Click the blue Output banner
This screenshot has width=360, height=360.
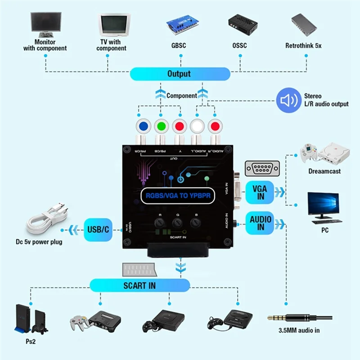(180, 74)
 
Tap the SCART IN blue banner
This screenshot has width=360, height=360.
(139, 285)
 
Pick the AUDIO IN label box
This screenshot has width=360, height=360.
(261, 223)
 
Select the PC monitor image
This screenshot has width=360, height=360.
(323, 207)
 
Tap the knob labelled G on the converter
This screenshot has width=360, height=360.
(177, 223)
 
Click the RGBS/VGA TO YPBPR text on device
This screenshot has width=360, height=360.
(180, 195)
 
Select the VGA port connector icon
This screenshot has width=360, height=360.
(261, 169)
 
